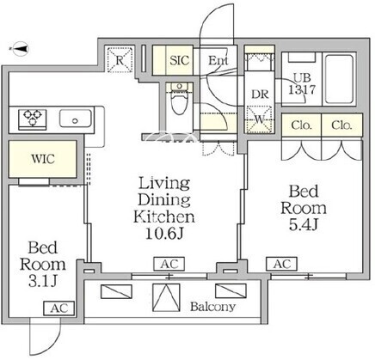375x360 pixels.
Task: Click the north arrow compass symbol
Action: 19,49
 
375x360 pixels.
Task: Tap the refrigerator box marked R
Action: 120,59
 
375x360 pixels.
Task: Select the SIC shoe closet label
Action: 180,60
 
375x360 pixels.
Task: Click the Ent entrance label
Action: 218,60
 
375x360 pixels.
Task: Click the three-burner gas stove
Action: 33,119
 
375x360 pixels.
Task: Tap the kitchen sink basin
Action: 76,119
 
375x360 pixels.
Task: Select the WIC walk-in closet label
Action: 43,159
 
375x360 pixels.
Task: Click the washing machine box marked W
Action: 259,119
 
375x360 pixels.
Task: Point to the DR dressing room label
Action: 260,95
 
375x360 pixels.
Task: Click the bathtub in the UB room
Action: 339,79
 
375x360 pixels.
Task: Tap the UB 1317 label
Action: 302,84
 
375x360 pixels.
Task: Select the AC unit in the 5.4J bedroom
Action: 281,264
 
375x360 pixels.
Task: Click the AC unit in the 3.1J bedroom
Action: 59,308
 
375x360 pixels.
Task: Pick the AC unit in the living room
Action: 169,264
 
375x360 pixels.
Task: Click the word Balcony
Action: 213,307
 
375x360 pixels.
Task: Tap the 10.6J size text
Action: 164,234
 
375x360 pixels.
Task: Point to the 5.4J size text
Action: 304,225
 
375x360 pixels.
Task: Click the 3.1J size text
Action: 43,282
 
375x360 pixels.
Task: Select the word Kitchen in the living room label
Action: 164,217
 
